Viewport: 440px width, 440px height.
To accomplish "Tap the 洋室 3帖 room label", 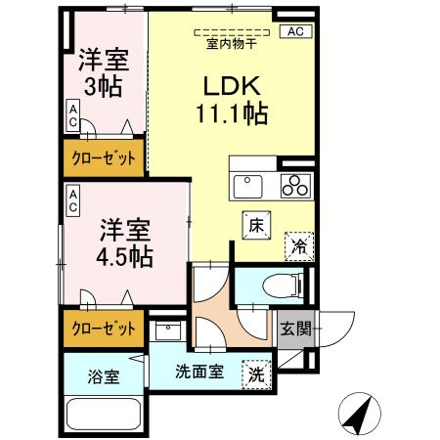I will coord(103,73).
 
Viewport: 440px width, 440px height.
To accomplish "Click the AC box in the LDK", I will coord(296,32).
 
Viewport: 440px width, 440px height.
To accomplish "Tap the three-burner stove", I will coord(295,186).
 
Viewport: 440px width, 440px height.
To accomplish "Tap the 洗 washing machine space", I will coord(255,373).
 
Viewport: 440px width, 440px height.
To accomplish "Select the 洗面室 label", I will coord(199,373).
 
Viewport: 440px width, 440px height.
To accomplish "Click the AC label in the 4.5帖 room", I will coord(73,202).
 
